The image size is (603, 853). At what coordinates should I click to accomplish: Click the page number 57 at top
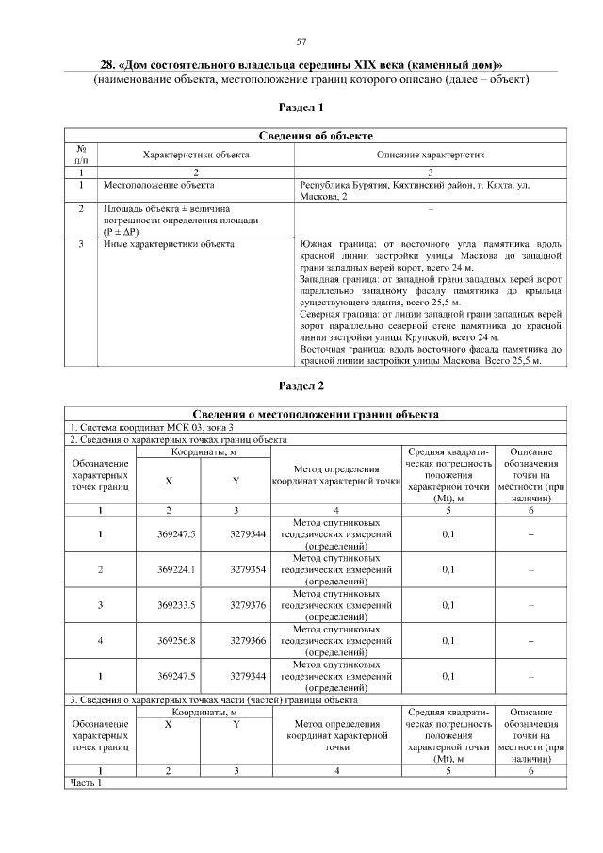(301, 41)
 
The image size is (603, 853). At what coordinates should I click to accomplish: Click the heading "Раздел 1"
(301, 107)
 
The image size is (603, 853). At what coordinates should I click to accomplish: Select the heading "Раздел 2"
(301, 385)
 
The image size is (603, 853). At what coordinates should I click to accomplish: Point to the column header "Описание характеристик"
(431, 154)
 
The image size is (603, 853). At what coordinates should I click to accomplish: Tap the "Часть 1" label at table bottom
(86, 782)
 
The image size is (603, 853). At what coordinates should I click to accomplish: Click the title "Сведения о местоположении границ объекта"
(315, 414)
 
